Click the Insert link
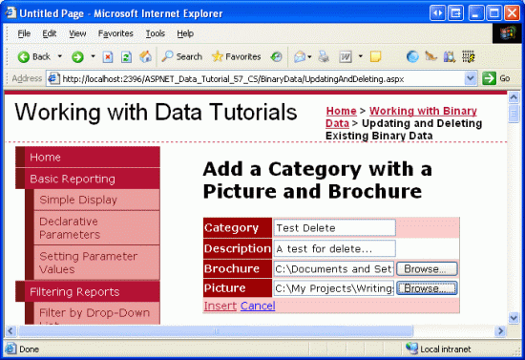click(220, 306)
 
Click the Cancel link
click(258, 306)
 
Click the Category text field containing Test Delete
click(334, 228)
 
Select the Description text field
click(334, 248)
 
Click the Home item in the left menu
click(46, 158)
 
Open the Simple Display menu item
click(78, 200)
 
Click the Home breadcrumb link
click(341, 111)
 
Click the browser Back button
click(34, 56)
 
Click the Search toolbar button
click(181, 56)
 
